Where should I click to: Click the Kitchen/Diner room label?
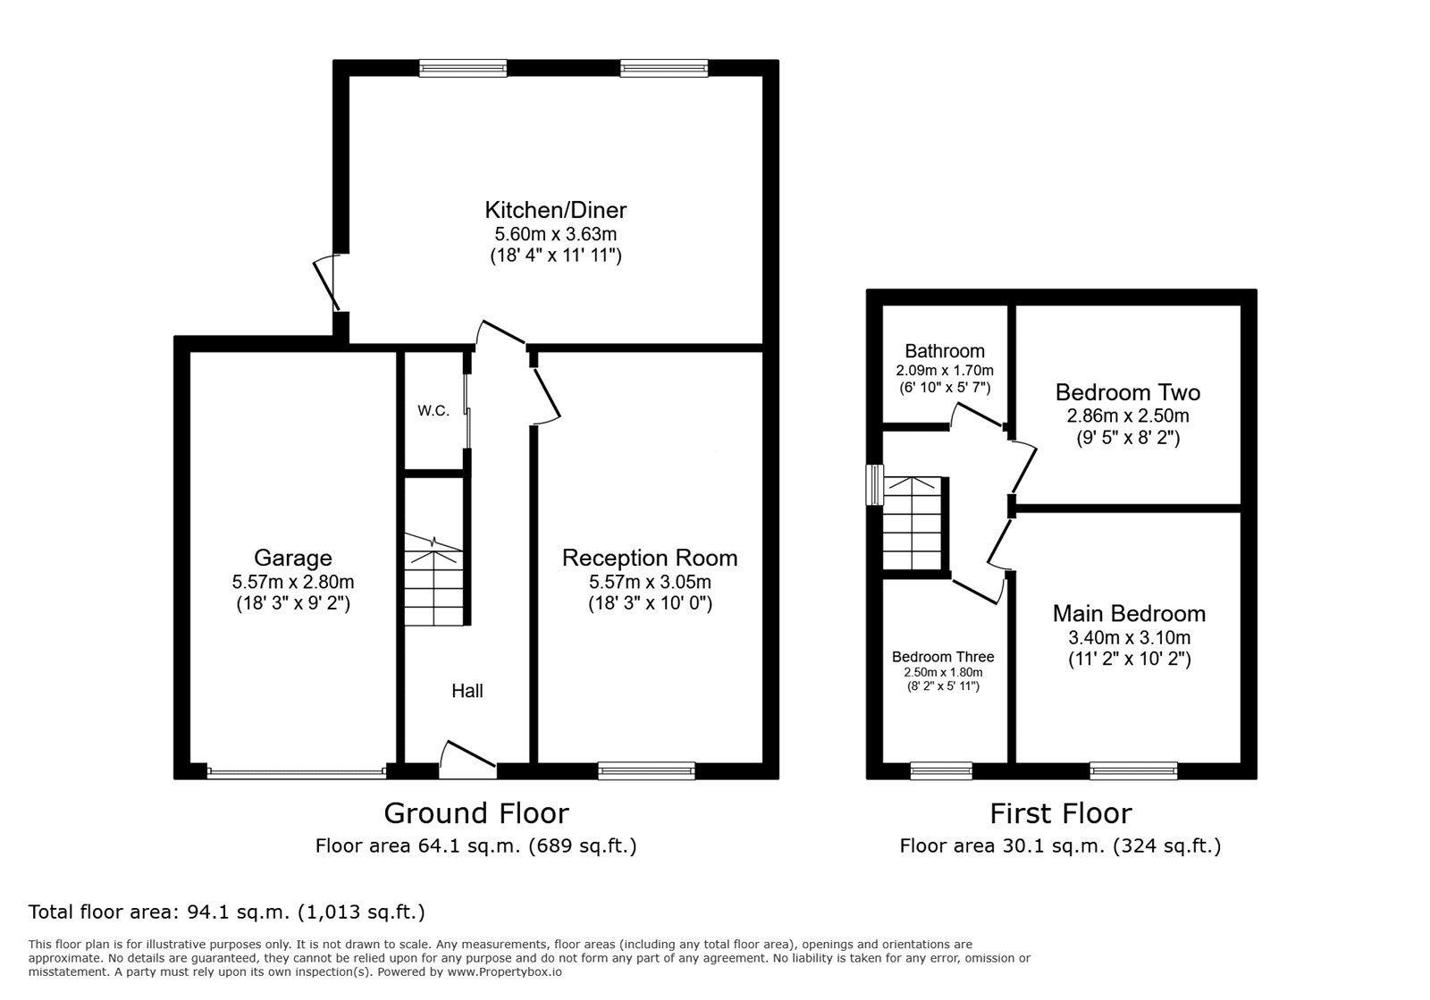(555, 211)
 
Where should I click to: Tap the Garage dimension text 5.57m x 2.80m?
(292, 582)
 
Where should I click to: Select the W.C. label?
(433, 411)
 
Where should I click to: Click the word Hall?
(467, 691)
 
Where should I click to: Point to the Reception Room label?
(649, 559)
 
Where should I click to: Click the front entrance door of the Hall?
(467, 756)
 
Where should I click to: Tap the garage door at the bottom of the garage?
(296, 770)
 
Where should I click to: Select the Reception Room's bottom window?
(645, 769)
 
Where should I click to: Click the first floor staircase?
(913, 524)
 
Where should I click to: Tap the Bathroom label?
(944, 351)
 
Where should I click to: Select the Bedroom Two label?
(1127, 392)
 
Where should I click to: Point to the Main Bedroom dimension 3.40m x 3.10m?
(1129, 637)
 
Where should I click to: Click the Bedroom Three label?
(942, 657)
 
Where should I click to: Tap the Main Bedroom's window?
(1132, 769)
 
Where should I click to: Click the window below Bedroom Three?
(940, 769)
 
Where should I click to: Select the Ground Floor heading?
(475, 813)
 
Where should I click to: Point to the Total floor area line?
(226, 912)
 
